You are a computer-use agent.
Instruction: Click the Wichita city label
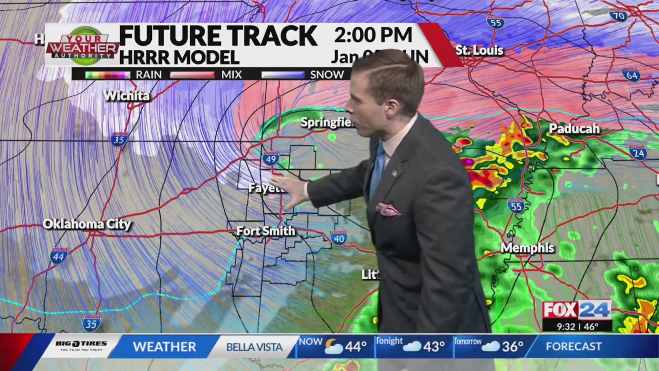tap(127, 96)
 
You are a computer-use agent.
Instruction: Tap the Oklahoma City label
tap(87, 224)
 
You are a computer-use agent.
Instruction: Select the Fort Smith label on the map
tap(266, 231)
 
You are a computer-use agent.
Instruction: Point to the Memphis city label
tap(527, 248)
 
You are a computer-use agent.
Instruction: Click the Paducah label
tap(574, 128)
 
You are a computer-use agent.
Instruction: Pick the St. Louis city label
tap(479, 50)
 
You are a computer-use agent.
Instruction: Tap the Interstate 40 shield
tap(339, 238)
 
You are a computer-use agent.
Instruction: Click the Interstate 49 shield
tap(271, 159)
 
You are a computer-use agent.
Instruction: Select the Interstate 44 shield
tap(59, 256)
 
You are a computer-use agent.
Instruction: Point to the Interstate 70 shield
tap(618, 15)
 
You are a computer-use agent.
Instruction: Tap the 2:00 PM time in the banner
tap(373, 35)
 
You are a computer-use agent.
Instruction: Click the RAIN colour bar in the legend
tap(107, 75)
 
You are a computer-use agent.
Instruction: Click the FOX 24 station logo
tap(577, 310)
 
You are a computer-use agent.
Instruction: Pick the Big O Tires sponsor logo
tap(81, 346)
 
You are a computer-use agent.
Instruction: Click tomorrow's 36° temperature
tap(512, 347)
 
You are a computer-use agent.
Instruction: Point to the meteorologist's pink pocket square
tap(388, 209)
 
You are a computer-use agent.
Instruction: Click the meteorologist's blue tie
tap(378, 168)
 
